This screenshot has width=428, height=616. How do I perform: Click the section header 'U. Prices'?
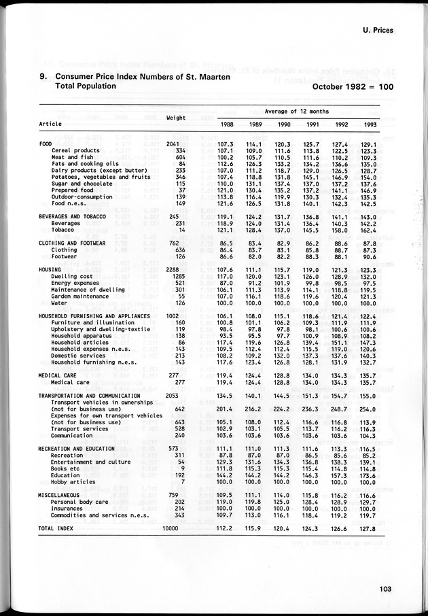[373, 30]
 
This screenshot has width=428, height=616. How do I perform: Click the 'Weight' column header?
[176, 118]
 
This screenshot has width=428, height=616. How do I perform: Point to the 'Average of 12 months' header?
[296, 112]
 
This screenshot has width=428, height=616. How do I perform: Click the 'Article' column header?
[50, 124]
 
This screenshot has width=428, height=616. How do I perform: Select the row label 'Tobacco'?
[65, 229]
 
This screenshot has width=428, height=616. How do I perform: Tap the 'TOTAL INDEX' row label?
[56, 528]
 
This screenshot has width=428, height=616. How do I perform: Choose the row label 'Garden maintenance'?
[80, 296]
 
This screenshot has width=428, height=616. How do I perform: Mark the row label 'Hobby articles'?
[73, 481]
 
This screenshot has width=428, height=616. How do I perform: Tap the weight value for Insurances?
[180, 508]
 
